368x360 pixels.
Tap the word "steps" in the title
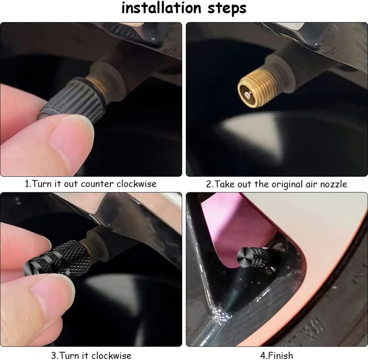click(x=227, y=9)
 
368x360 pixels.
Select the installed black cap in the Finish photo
click(x=257, y=258)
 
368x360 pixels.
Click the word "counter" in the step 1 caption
click(x=98, y=184)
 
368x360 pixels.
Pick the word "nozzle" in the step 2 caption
click(x=334, y=184)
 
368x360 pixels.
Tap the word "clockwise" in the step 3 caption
click(x=111, y=355)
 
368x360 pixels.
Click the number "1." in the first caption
click(x=28, y=184)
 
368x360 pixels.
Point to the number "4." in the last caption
click(x=264, y=355)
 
